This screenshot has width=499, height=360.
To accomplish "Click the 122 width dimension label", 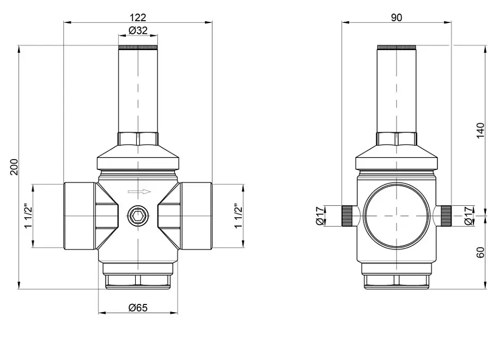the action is tap(138, 17).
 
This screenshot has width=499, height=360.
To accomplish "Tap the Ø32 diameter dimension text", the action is tap(138, 30).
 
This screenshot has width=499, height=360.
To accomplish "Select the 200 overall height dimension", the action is tap(14, 167).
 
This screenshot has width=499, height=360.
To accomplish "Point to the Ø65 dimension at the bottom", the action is tap(138, 308).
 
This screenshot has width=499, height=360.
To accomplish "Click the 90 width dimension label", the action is tap(397, 17).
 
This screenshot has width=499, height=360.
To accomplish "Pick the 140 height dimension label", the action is tap(480, 131).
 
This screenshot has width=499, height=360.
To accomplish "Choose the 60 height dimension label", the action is tap(480, 252).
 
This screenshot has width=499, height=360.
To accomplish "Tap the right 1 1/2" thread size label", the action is tap(239, 216).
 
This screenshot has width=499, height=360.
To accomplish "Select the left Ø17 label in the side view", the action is tap(320, 216).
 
